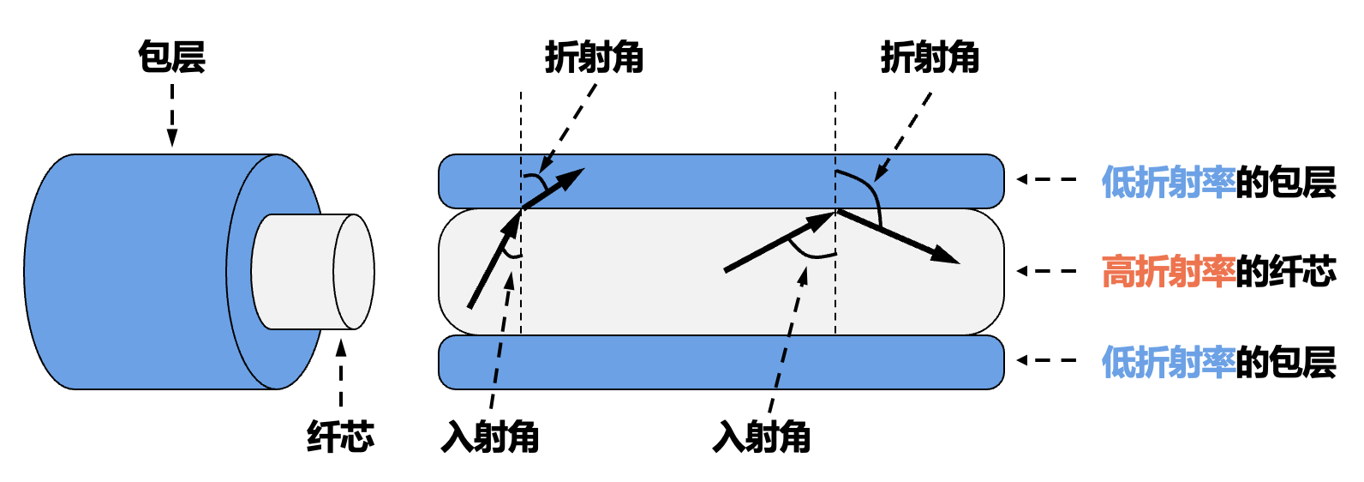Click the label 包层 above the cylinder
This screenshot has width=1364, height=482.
coord(171,57)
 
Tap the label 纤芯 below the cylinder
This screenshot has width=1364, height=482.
coord(340,437)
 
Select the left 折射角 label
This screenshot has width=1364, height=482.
coord(594,57)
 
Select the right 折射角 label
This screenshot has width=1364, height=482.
coord(930,57)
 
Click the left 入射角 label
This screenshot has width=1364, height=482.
coord(490,437)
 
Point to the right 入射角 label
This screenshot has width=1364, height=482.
coord(762,437)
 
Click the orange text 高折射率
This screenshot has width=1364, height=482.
coord(1168,271)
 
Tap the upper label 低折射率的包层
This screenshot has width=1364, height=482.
coord(1218,182)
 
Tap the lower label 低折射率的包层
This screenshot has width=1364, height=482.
coord(1218,362)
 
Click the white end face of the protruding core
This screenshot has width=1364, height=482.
coord(354,271)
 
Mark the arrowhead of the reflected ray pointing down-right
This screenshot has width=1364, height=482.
coord(948,256)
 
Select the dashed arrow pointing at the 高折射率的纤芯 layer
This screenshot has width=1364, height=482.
coord(1046,271)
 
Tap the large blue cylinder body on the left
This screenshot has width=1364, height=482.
coord(129,271)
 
